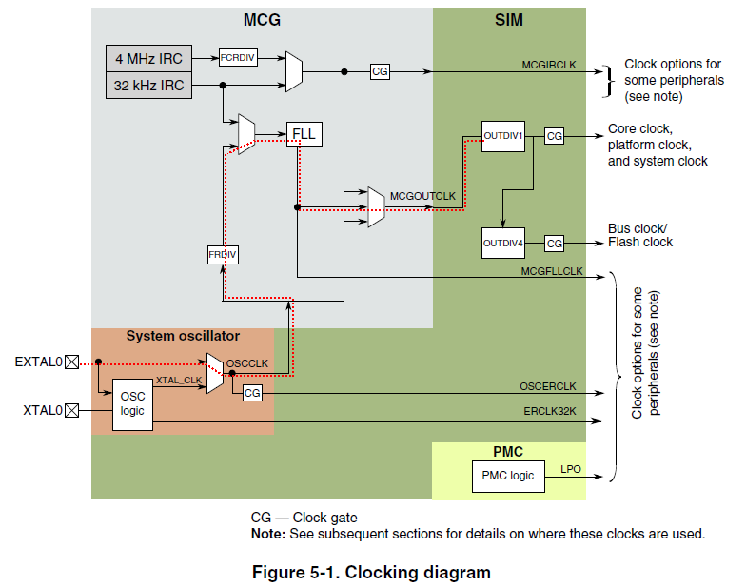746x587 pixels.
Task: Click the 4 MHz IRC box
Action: [148, 59]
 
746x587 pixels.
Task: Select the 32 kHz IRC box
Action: [148, 85]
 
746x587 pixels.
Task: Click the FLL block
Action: [304, 134]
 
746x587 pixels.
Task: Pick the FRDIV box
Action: [223, 255]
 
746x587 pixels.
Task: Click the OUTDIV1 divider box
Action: [503, 136]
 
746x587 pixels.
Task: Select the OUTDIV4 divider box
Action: [503, 243]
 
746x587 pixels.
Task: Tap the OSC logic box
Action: [132, 403]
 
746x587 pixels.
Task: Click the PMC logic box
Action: [508, 476]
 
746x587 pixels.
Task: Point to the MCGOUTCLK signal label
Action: [422, 196]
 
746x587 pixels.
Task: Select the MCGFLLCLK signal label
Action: [551, 270]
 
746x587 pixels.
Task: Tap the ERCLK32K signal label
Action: [550, 410]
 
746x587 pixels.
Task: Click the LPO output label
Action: [571, 469]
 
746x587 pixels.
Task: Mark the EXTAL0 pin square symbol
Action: [71, 362]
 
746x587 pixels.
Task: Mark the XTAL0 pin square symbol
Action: [71, 410]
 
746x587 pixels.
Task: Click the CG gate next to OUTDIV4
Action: [555, 244]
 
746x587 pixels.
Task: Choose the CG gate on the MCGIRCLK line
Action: [380, 71]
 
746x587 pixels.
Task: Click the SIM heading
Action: [509, 19]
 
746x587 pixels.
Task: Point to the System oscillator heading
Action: [183, 336]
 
